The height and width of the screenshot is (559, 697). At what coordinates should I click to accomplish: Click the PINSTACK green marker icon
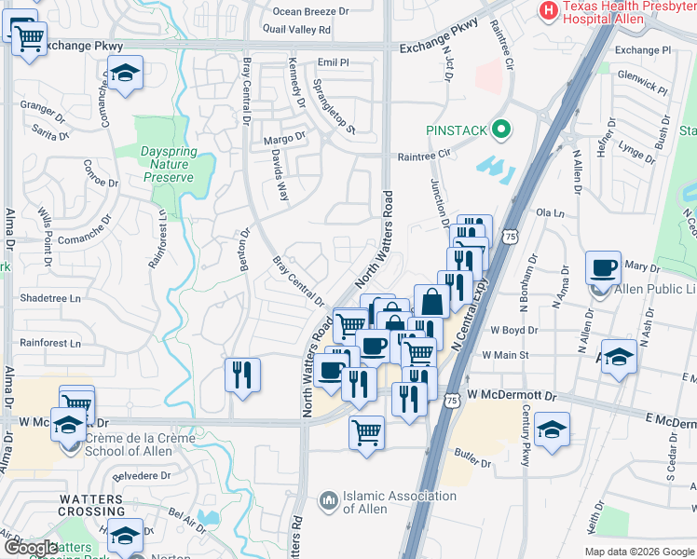(502, 130)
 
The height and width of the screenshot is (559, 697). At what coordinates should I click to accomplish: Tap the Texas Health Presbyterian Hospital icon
(549, 10)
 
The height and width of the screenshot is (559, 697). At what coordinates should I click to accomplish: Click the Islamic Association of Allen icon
(328, 502)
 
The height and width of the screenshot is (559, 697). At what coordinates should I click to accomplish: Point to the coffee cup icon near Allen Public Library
(603, 268)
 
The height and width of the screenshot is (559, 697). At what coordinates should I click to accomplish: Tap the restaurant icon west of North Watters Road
(242, 375)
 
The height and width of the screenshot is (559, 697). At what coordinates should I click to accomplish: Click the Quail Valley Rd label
(297, 30)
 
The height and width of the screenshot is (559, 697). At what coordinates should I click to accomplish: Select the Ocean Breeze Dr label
(310, 11)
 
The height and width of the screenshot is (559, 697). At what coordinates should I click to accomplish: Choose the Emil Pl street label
(332, 62)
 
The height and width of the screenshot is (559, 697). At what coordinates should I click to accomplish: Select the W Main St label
(505, 355)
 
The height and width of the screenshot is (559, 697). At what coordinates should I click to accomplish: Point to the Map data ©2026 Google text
(638, 552)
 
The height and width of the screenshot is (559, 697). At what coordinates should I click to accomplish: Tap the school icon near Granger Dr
(124, 74)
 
